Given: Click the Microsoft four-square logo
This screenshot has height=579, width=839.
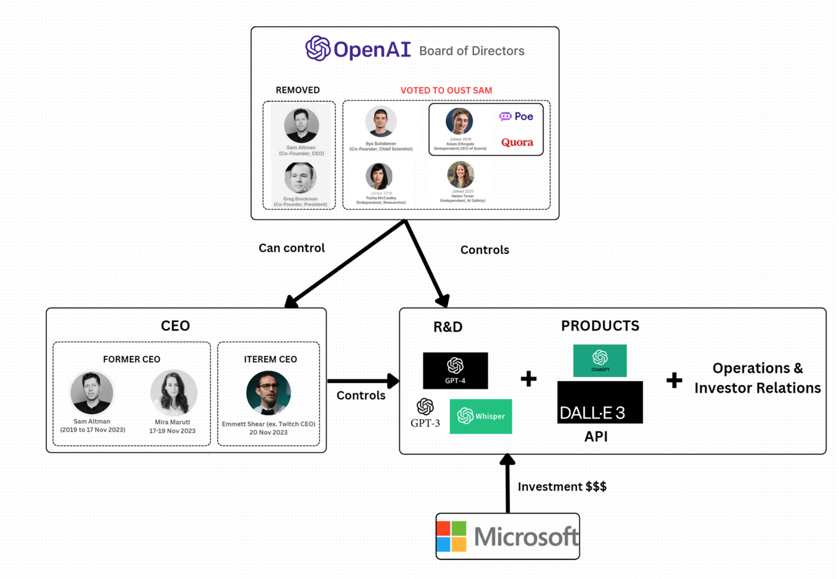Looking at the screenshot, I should [x=452, y=536].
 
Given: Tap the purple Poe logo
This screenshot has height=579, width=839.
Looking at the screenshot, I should [x=516, y=116].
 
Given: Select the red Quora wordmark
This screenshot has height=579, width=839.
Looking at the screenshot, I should [x=517, y=143].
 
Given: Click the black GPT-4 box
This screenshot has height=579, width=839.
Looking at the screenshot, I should [x=455, y=371].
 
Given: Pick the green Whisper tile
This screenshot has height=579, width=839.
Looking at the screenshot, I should [x=481, y=416].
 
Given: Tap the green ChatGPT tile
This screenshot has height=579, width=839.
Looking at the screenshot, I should [x=600, y=361].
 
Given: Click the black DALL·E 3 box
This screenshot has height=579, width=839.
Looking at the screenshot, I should [x=600, y=402].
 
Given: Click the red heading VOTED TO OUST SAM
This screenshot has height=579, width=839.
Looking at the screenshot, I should [x=446, y=90].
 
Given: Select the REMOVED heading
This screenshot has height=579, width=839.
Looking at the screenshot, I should [x=297, y=90].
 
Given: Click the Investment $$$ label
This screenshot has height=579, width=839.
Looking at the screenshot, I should [x=562, y=486].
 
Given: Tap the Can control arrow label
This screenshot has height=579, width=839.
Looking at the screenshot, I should [x=292, y=248].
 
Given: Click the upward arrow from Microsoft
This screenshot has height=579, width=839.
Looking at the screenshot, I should [x=507, y=483].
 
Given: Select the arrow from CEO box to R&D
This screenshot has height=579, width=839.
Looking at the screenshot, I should [x=362, y=380].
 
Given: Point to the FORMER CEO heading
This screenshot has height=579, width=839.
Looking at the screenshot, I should [x=131, y=359].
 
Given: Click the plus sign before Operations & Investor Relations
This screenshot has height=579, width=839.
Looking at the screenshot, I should [x=674, y=380].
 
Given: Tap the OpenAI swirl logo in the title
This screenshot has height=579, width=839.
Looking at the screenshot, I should [x=318, y=49].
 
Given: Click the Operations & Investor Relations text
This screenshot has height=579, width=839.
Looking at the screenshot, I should [x=757, y=378].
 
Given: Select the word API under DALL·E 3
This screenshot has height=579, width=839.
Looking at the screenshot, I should [x=596, y=437].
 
